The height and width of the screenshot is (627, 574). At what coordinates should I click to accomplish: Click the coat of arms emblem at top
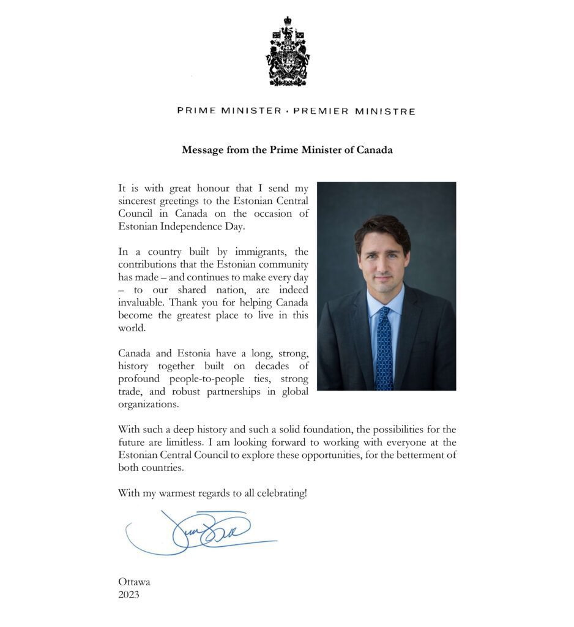287,51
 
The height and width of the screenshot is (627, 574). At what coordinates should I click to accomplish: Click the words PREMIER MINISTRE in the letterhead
354,111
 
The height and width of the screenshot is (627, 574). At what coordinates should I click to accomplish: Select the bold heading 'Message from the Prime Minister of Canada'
287,150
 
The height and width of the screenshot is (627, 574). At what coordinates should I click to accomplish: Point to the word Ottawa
134,582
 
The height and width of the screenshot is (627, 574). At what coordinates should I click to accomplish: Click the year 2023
129,594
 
